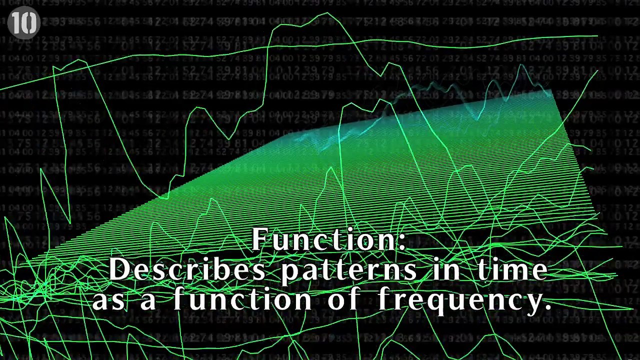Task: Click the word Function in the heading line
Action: [x=324, y=239]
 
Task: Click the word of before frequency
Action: [x=345, y=300]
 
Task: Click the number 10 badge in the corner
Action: [x=23, y=22]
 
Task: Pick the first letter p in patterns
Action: [x=288, y=272]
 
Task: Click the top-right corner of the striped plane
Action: [x=551, y=90]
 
